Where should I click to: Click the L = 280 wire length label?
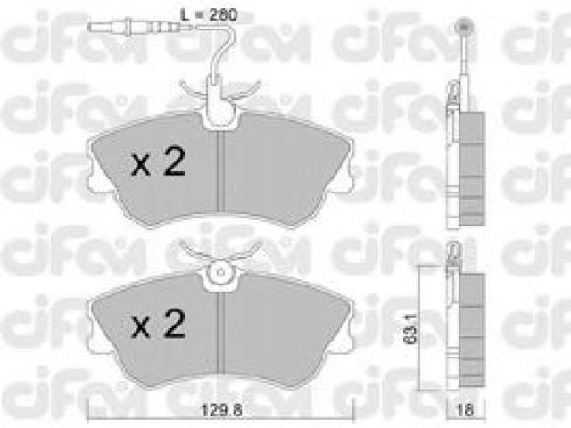[210, 14]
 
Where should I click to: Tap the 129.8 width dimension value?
[222, 410]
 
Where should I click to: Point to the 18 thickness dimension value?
[465, 410]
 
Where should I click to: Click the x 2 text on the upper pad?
[159, 161]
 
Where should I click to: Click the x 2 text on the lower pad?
[159, 323]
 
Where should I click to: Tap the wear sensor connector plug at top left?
[133, 26]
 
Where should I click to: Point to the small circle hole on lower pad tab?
[219, 273]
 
